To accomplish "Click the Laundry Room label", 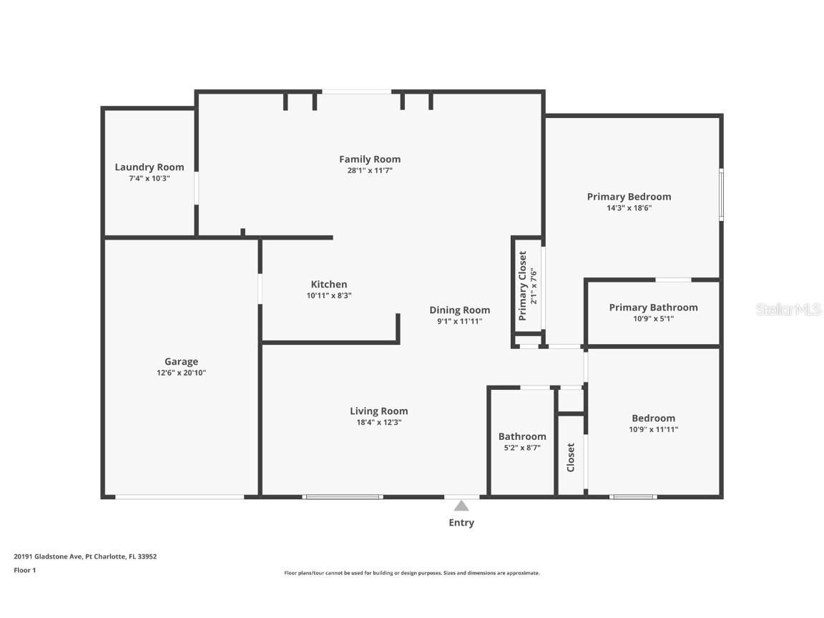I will pyautogui.click(x=149, y=167).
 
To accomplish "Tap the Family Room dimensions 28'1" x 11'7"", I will pyautogui.click(x=370, y=171).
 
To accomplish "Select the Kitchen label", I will pyautogui.click(x=329, y=285).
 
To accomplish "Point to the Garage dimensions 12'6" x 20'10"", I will pyautogui.click(x=181, y=373).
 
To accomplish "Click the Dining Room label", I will pyautogui.click(x=460, y=310).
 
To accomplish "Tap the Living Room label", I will pyautogui.click(x=379, y=411).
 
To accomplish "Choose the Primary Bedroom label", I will pyautogui.click(x=629, y=197).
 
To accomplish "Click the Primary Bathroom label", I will pyautogui.click(x=653, y=308).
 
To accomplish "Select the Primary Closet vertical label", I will pyautogui.click(x=523, y=285).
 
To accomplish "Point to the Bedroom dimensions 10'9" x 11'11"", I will pyautogui.click(x=653, y=430).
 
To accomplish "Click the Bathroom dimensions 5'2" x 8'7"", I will pyautogui.click(x=522, y=448).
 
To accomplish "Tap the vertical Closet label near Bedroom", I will pyautogui.click(x=571, y=458).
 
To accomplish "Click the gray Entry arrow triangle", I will pyautogui.click(x=461, y=506).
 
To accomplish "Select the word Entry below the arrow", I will pyautogui.click(x=461, y=523).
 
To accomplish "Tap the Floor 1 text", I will pyautogui.click(x=24, y=570).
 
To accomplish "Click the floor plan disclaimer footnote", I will pyautogui.click(x=412, y=573).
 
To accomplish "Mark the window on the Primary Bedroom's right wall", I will pyautogui.click(x=721, y=195).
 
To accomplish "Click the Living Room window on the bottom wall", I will pyautogui.click(x=343, y=496).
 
